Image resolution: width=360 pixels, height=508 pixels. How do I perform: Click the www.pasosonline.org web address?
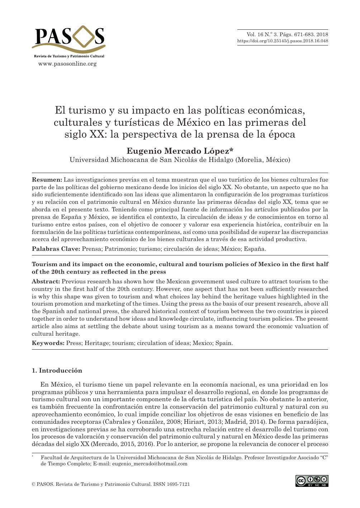click(x=67, y=64)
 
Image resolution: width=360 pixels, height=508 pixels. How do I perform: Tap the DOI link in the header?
click(x=283, y=41)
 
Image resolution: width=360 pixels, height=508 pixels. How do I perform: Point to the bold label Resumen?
click(x=47, y=179)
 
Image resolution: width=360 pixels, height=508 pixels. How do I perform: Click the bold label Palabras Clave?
click(x=56, y=249)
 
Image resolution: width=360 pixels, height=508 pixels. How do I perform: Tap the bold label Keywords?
click(x=48, y=343)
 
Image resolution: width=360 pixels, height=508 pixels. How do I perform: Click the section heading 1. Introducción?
click(x=57, y=370)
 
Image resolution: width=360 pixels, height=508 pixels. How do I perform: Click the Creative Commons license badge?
click(x=312, y=481)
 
